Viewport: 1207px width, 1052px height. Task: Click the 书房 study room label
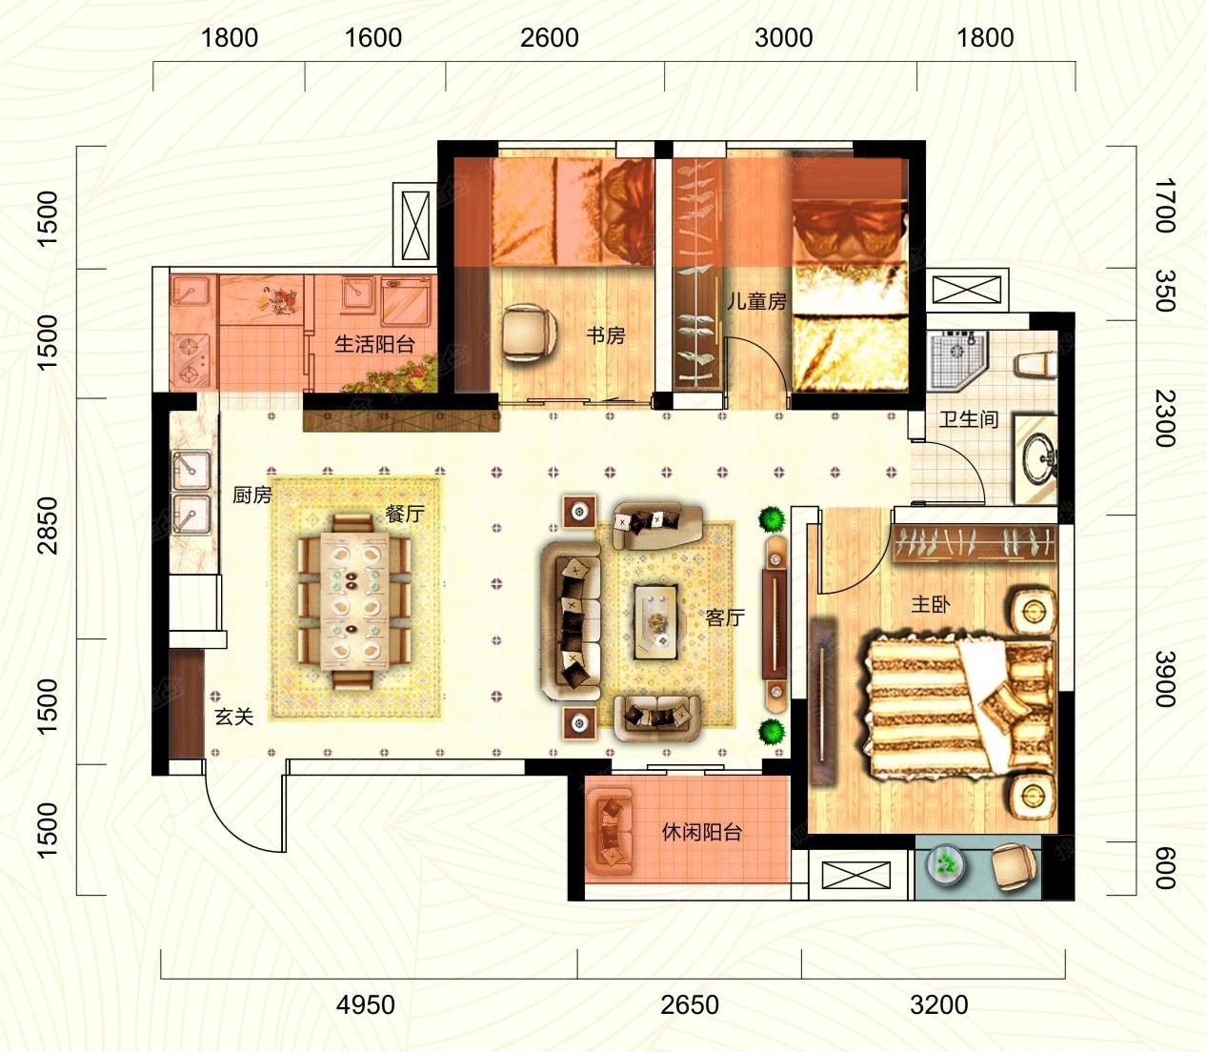(605, 335)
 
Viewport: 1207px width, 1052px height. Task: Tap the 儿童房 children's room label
(757, 301)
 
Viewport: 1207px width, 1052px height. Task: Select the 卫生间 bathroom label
(969, 419)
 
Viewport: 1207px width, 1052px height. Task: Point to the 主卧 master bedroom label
(931, 603)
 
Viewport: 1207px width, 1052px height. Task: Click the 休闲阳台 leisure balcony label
(701, 832)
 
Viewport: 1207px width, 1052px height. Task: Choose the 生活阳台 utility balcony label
(374, 343)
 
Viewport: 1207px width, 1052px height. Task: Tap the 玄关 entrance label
(234, 717)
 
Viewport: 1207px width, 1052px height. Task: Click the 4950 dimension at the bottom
(365, 1004)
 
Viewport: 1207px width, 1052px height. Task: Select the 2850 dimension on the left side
(49, 525)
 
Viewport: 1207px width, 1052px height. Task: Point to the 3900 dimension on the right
(1164, 678)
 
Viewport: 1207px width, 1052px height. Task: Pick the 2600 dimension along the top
(550, 38)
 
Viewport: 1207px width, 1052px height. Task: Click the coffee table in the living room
(655, 621)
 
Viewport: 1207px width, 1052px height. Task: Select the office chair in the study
(529, 333)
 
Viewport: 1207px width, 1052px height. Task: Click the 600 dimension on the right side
(1164, 868)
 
